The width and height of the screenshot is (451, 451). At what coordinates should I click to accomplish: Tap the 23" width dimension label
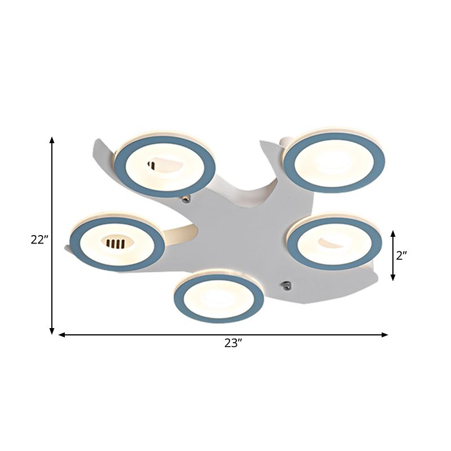[233, 343]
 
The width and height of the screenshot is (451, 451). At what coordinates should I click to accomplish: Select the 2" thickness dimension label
[401, 255]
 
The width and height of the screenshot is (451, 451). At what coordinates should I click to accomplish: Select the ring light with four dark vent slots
[117, 242]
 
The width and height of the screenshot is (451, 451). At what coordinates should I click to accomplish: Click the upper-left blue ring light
[165, 166]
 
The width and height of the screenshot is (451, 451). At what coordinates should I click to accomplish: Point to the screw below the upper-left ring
[186, 198]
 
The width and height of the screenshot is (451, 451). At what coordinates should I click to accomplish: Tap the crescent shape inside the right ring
[330, 242]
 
